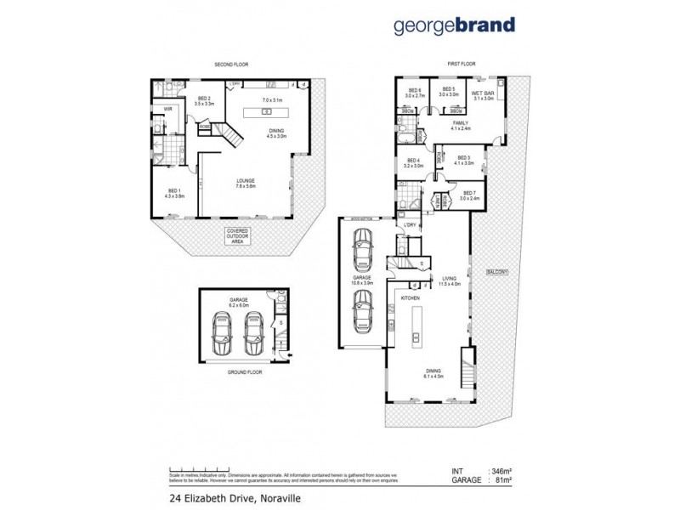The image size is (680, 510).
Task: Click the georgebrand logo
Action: pos(454,25)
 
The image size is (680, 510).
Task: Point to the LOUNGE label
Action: pos(248,180)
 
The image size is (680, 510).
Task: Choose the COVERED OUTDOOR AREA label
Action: pos(238,236)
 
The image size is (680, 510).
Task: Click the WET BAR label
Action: pos(484,93)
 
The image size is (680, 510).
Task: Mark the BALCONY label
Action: pos(496,272)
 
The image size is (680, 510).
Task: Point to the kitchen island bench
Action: pos(416,326)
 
